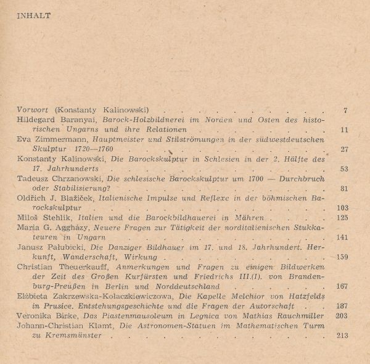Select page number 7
pos(346,110)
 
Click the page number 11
pos(344,130)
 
